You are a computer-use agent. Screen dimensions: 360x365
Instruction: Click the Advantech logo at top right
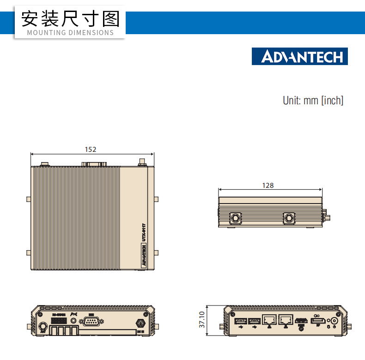(x=299, y=56)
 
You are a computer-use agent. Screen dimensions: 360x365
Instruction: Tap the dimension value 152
(x=91, y=149)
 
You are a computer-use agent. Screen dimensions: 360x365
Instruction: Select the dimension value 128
(x=268, y=185)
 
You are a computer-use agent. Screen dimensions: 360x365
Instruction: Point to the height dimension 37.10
(x=201, y=319)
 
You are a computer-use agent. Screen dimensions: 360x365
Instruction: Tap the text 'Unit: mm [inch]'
(x=313, y=100)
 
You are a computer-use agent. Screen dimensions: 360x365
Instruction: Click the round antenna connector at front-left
(x=43, y=325)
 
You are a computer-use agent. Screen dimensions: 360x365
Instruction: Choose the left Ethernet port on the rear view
(x=269, y=319)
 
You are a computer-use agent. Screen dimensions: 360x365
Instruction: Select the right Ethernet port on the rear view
(x=286, y=319)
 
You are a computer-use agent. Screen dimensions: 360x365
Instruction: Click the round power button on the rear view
(x=333, y=322)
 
